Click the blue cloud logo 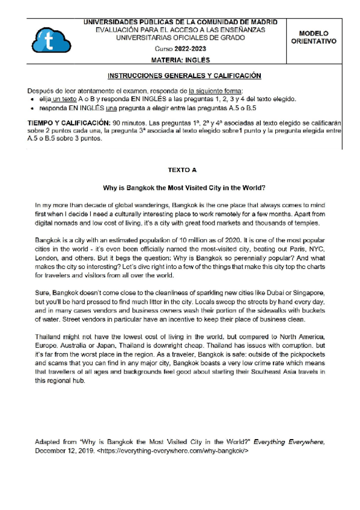point(47,41)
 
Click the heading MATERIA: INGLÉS point(181,60)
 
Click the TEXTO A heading point(181,170)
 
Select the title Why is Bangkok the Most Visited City point(181,186)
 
